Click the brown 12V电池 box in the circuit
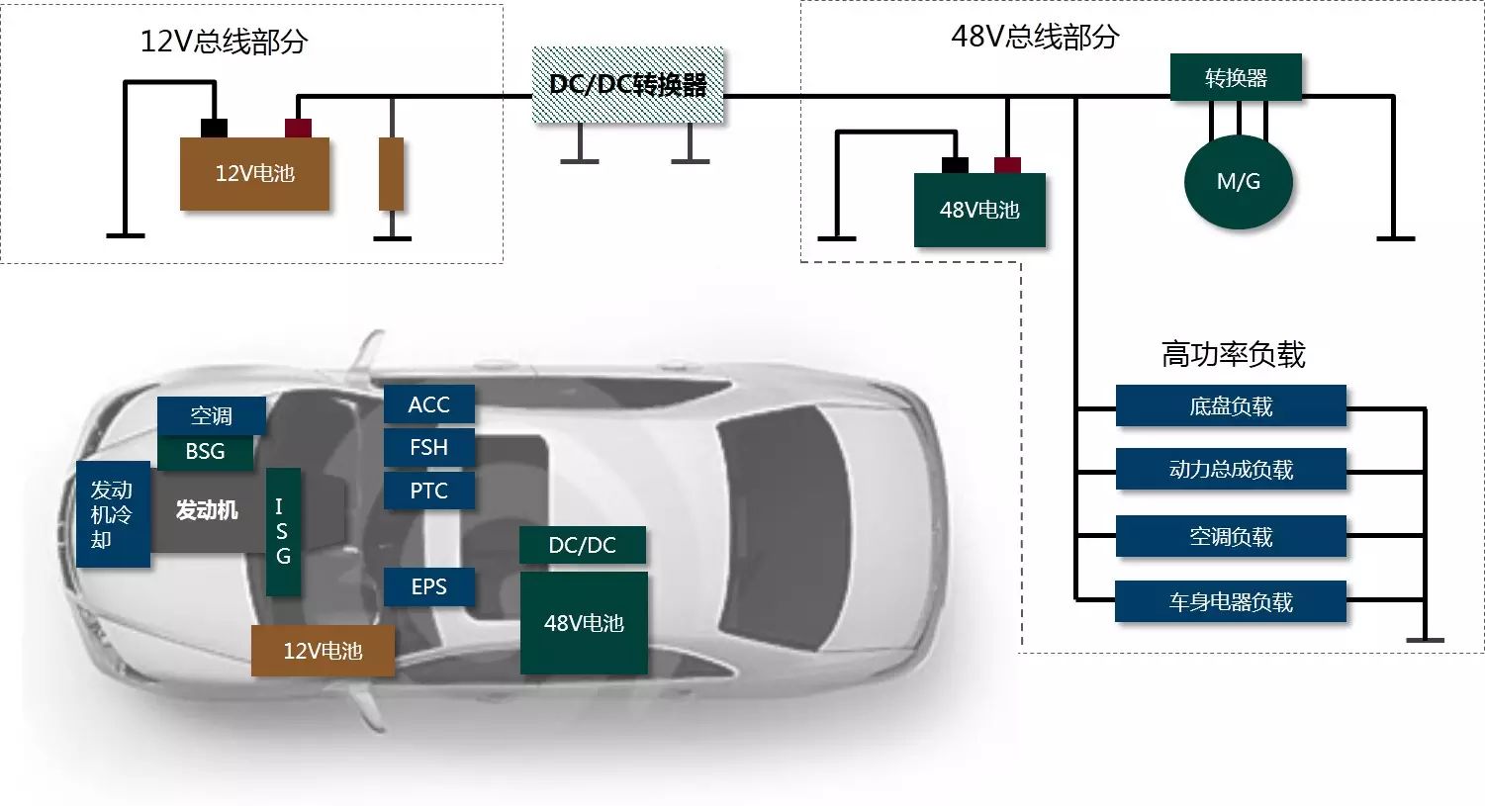(x=254, y=174)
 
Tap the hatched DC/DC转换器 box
(x=628, y=86)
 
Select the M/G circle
(x=1238, y=182)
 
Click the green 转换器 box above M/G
(x=1236, y=78)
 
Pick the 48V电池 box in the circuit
(x=978, y=210)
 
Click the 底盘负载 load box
(x=1231, y=406)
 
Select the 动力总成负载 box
(x=1231, y=470)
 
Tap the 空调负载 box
(x=1231, y=537)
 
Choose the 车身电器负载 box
(x=1231, y=602)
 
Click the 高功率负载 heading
(x=1233, y=354)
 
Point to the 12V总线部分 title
(x=224, y=42)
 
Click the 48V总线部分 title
(x=1035, y=38)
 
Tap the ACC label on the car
(x=428, y=404)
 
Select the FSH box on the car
(x=428, y=447)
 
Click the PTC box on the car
(x=428, y=491)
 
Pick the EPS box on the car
(x=428, y=586)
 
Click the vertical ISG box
(x=283, y=531)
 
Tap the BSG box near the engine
(x=205, y=451)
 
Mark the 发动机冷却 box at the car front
(x=113, y=514)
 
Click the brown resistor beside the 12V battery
(x=392, y=174)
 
